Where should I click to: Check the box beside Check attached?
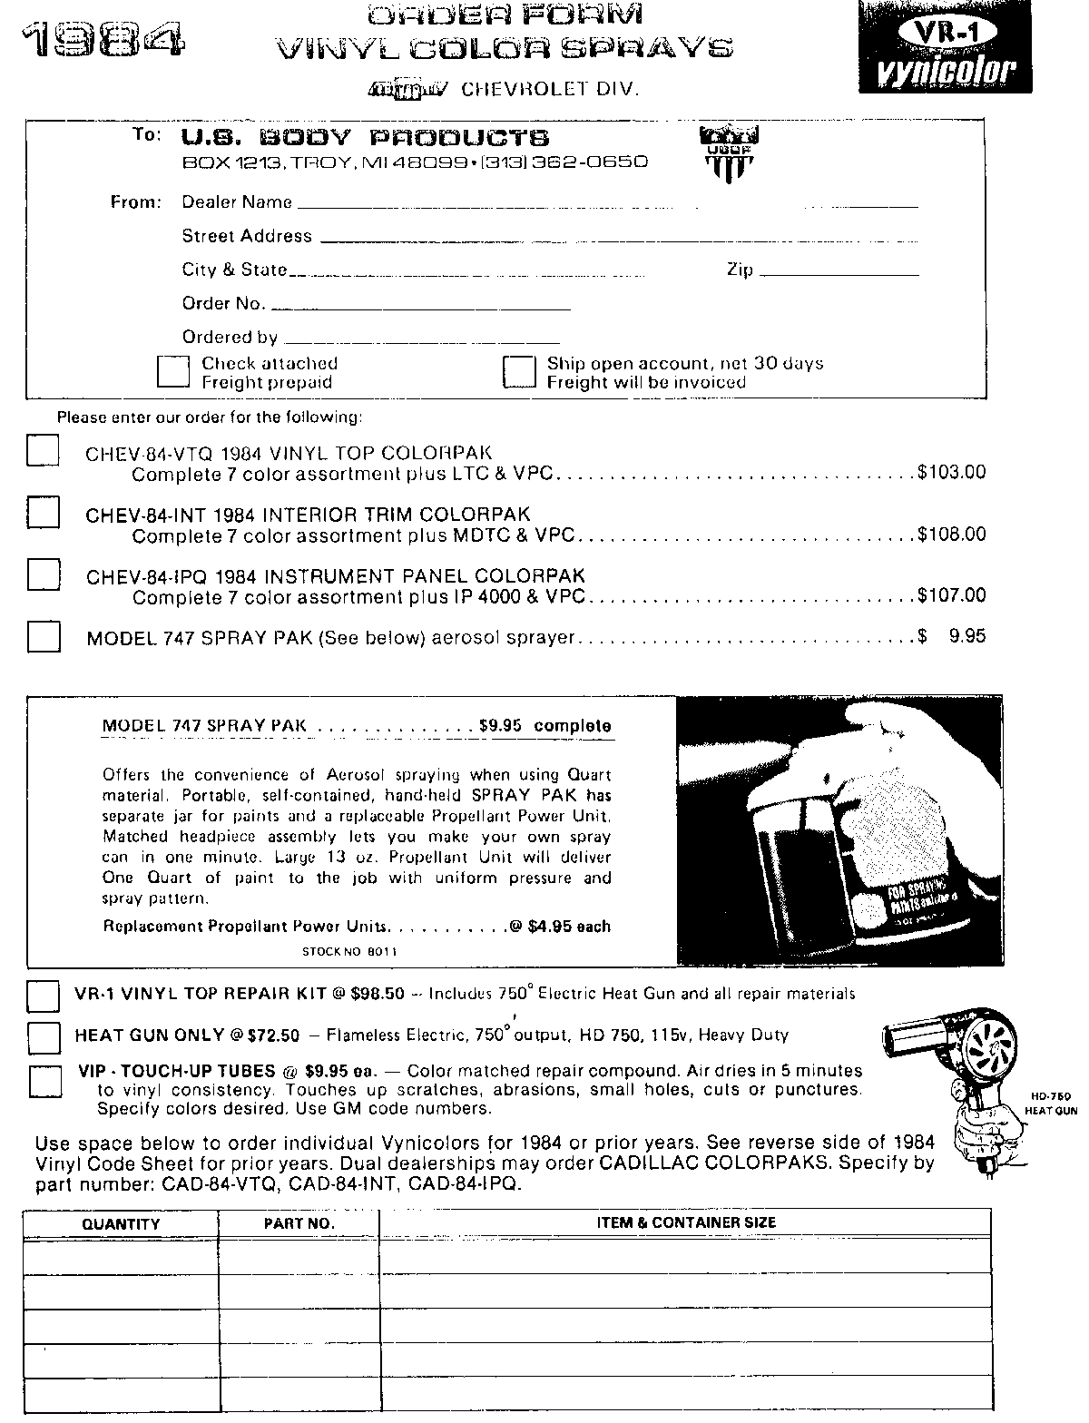click(173, 372)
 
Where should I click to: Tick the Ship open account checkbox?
click(520, 372)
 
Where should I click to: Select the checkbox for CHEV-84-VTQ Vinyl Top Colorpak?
click(43, 451)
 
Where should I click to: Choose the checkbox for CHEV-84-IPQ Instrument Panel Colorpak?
click(43, 574)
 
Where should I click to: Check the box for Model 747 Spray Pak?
click(43, 636)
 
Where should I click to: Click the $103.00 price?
click(951, 473)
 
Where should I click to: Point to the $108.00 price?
click(951, 535)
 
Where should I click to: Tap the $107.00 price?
click(951, 596)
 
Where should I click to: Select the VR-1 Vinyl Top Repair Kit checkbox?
click(43, 996)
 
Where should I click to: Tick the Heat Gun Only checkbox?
click(43, 1036)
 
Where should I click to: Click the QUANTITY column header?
click(121, 1224)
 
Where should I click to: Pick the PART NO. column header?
click(299, 1224)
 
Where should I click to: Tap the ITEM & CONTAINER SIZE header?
click(685, 1223)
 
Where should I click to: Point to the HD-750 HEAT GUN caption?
click(1051, 1103)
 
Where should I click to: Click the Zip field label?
click(740, 270)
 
